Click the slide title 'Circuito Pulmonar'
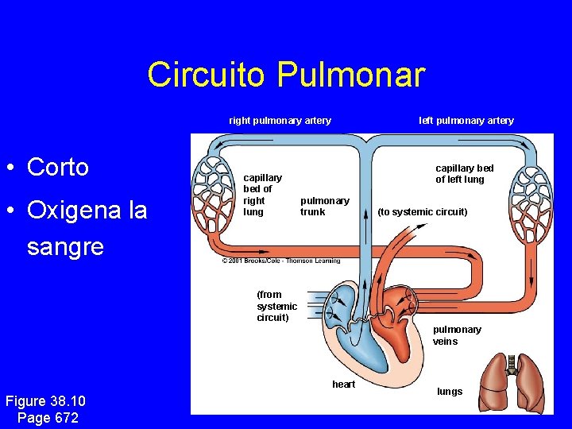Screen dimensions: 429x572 (286, 75)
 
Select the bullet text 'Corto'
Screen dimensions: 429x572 (57, 167)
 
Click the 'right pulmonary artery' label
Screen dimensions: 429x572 (280, 121)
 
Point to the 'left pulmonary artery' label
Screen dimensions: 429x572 (466, 121)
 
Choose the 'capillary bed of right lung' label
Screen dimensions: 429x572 (262, 195)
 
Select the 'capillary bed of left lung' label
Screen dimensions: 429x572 (464, 173)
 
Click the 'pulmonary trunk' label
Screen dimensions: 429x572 (324, 206)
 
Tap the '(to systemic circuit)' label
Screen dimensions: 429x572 (422, 211)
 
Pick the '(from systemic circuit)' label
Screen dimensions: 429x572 (276, 306)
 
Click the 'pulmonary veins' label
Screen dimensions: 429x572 (457, 335)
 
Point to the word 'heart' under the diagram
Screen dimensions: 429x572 (343, 385)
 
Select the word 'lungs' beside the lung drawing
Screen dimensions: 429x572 (450, 391)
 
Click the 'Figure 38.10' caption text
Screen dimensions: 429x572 (45, 400)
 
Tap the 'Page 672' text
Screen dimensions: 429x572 (47, 417)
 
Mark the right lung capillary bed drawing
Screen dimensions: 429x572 (214, 199)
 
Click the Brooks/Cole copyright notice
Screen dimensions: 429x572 (280, 261)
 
